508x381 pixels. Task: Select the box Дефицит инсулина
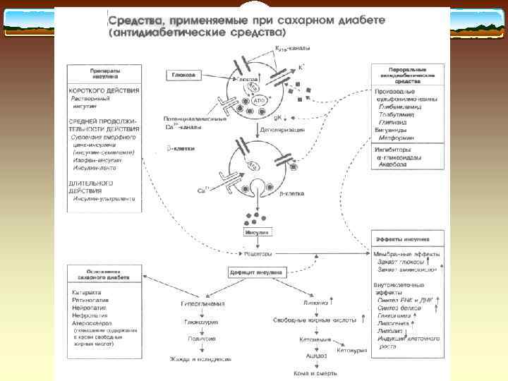(x=255, y=271)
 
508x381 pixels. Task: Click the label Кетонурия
(x=351, y=349)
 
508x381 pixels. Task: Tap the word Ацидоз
(x=316, y=356)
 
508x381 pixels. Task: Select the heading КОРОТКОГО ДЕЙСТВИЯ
(x=104, y=91)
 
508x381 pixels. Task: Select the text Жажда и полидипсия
(x=200, y=358)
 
